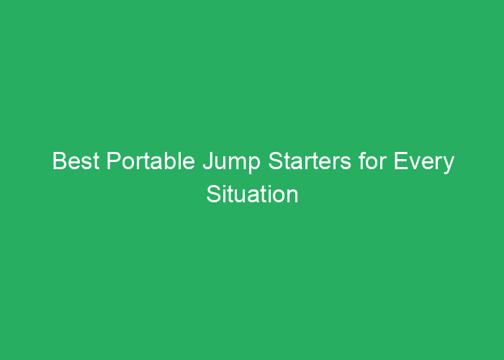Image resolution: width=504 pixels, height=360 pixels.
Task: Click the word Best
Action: [x=76, y=161]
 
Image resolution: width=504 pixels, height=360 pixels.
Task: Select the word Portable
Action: [x=150, y=161]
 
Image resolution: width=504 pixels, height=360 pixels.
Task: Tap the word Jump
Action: [x=231, y=163]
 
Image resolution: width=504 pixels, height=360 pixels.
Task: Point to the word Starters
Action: [x=310, y=161]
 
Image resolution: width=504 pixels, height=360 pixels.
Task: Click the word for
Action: [x=372, y=161]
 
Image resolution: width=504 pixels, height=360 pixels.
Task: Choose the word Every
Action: [x=423, y=163]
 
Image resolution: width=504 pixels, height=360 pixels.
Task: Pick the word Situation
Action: [x=252, y=194]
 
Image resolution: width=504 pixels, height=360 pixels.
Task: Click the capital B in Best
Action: [x=60, y=161]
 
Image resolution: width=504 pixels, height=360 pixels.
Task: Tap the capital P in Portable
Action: [x=114, y=161]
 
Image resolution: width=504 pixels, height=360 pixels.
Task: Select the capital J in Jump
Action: [x=208, y=161]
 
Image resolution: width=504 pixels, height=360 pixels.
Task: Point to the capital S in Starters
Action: [x=276, y=161]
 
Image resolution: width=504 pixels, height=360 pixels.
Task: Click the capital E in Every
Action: [x=401, y=161]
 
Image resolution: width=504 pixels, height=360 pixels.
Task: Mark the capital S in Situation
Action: [x=215, y=194]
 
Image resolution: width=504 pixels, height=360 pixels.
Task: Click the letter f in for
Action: [x=363, y=161]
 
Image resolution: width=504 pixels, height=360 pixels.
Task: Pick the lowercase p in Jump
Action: [x=254, y=166]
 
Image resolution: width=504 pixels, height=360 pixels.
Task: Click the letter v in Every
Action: [x=415, y=163]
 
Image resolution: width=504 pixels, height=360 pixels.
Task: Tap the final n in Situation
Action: [x=292, y=197]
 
